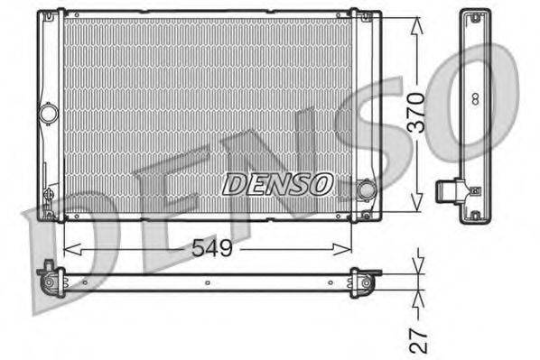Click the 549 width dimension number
click(x=209, y=246)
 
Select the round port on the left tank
click(x=49, y=114)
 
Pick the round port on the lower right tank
click(x=366, y=190)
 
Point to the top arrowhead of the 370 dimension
click(x=414, y=23)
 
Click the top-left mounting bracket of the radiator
click(x=50, y=16)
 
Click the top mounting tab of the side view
click(x=474, y=14)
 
